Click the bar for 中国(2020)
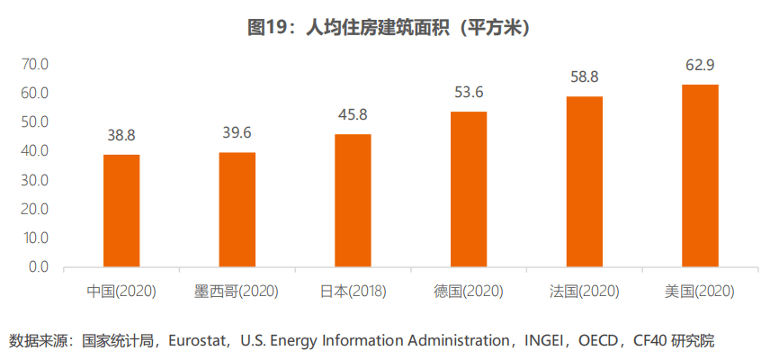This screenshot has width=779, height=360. [x=121, y=211]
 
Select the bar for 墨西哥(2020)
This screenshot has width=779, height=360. [x=237, y=210]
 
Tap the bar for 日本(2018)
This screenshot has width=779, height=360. [x=353, y=201]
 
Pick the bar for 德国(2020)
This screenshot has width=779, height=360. [x=469, y=189]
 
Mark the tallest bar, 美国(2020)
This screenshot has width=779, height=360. [x=700, y=175]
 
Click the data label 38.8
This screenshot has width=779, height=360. [x=121, y=135]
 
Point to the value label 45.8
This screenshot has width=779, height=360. [x=353, y=114]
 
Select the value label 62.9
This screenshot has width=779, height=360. [x=700, y=65]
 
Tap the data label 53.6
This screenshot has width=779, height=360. [x=469, y=92]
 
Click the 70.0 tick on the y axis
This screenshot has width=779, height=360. [x=35, y=65]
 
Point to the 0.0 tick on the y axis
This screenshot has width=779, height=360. [x=39, y=267]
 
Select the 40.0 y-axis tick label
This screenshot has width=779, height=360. [x=35, y=151]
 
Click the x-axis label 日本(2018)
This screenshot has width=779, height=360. [x=353, y=292]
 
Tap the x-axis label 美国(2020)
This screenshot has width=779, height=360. [x=700, y=292]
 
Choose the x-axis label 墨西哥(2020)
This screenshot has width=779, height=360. [x=237, y=292]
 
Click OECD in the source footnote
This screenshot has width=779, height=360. [x=597, y=341]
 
